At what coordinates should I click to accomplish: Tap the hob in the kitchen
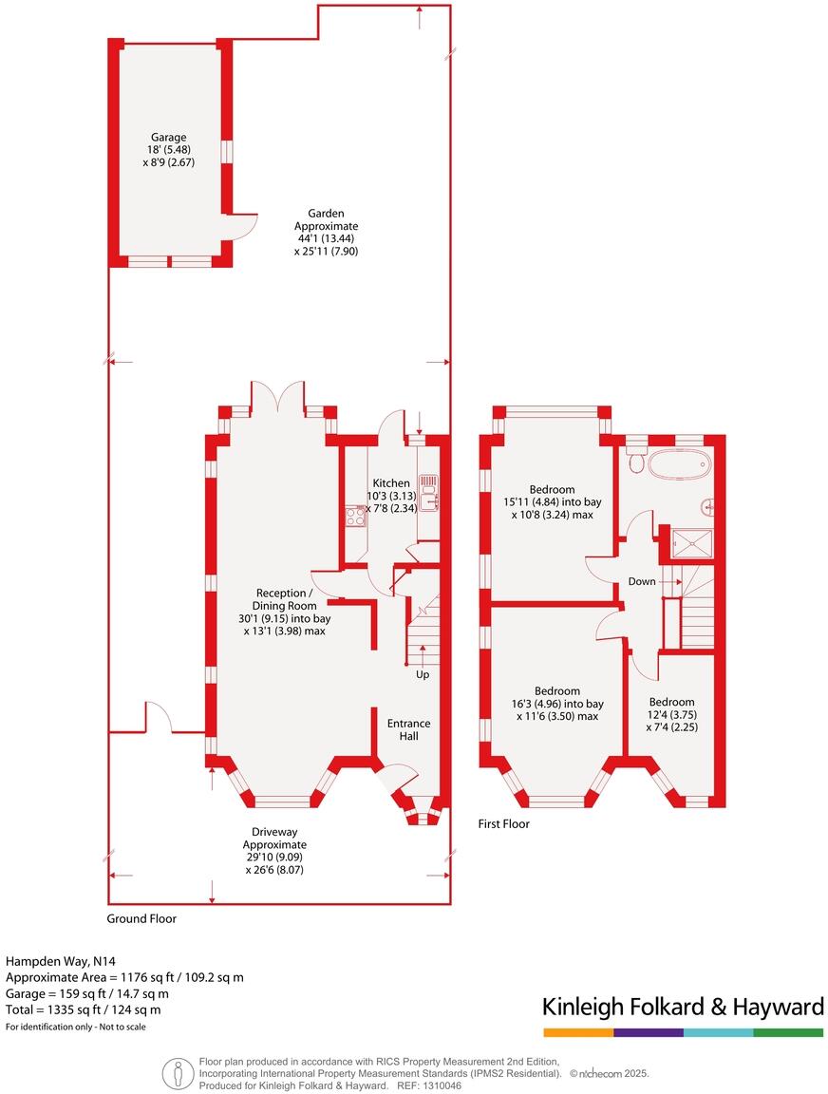click(356, 517)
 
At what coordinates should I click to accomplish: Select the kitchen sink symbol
click(427, 494)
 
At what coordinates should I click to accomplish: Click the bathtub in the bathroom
click(675, 463)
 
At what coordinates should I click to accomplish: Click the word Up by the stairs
click(422, 675)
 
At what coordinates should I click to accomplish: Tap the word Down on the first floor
click(642, 581)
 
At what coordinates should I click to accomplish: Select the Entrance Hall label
click(408, 730)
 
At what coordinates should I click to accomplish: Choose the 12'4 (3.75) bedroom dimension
click(672, 714)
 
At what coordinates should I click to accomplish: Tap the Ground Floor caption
click(141, 918)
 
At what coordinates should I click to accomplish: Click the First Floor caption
click(503, 824)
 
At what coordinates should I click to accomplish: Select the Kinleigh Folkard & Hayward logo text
click(682, 1007)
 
